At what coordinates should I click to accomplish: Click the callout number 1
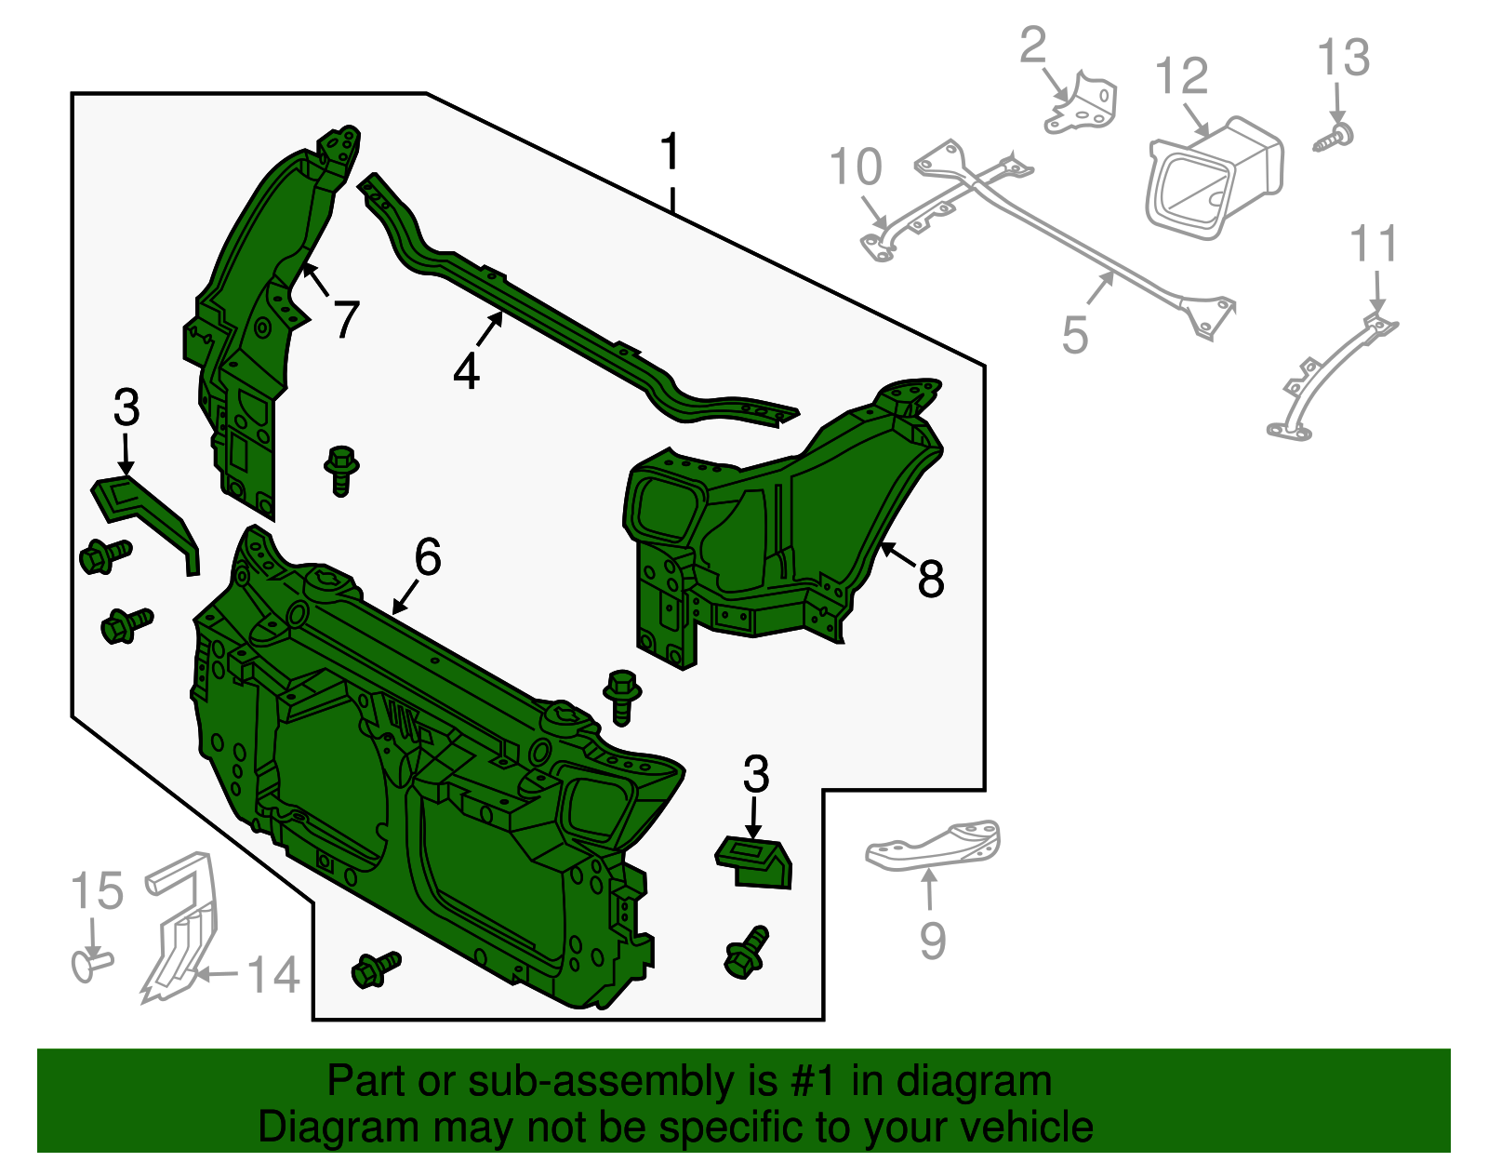(669, 152)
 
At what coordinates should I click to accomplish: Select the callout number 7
(347, 319)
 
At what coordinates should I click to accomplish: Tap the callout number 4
(466, 372)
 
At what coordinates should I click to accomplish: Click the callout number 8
(931, 578)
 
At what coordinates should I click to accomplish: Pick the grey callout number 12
(1182, 75)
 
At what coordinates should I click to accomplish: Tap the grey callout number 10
(856, 167)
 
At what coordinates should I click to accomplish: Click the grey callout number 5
(1075, 335)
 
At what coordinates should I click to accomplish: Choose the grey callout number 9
(933, 941)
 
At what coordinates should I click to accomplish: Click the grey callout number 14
(273, 974)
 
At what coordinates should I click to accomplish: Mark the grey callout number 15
(98, 891)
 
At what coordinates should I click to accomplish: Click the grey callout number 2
(1032, 45)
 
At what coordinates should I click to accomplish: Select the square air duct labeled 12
(1214, 178)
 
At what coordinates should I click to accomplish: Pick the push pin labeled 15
(91, 964)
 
